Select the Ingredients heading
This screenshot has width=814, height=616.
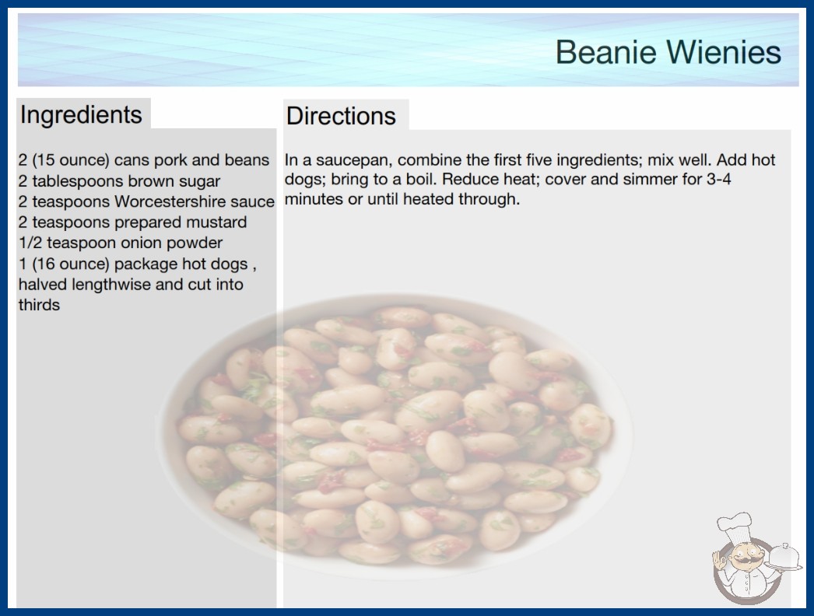[x=81, y=115]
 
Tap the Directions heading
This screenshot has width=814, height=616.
[x=341, y=116]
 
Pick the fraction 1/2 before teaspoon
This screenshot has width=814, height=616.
[x=30, y=243]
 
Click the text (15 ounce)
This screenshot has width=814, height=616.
[x=71, y=160]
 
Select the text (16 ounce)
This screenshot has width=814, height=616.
[x=71, y=264]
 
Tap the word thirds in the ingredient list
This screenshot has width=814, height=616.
[x=40, y=305]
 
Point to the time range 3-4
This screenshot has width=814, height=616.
[x=719, y=179]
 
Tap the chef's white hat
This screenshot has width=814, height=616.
[x=735, y=525]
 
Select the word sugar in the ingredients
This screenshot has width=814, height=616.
[x=199, y=182]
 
